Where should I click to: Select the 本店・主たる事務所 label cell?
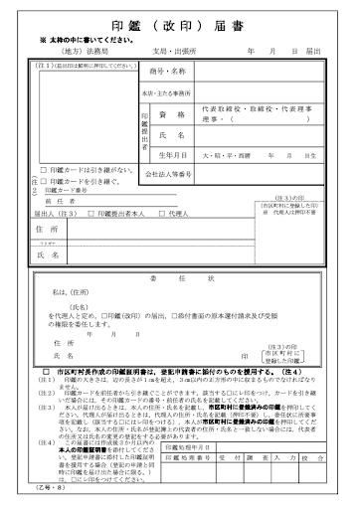[x=166, y=91]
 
